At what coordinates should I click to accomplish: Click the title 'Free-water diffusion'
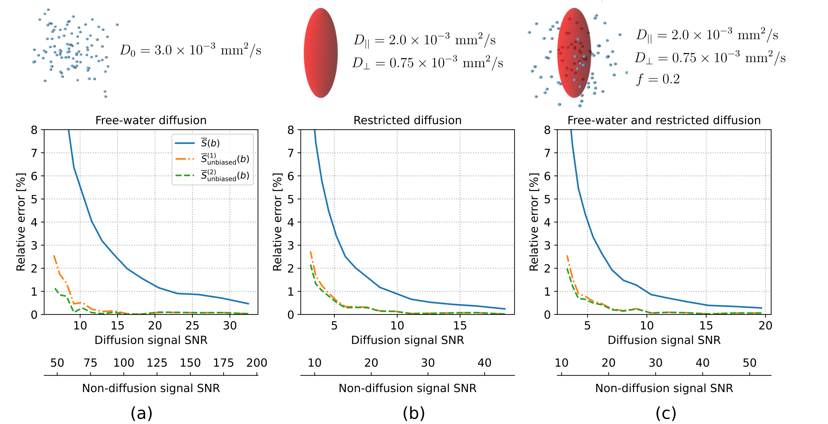click(151, 120)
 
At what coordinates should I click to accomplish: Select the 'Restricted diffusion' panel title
click(407, 120)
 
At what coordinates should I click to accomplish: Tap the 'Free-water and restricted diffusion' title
click(664, 120)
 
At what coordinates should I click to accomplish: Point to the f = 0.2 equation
click(658, 79)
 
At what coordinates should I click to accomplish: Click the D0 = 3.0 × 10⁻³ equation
click(191, 50)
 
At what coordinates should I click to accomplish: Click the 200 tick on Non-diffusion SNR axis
click(257, 363)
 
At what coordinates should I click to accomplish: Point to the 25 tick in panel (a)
click(192, 326)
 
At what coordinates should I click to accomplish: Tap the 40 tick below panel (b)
click(484, 363)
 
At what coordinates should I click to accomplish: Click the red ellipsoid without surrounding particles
click(321, 53)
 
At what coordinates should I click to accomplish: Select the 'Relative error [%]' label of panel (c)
click(534, 222)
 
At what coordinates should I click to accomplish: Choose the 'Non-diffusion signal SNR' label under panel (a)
click(151, 388)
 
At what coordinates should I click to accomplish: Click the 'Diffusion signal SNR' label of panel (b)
click(407, 340)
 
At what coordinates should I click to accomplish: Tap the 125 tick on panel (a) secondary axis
click(157, 363)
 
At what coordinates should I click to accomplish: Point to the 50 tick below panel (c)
click(749, 363)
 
